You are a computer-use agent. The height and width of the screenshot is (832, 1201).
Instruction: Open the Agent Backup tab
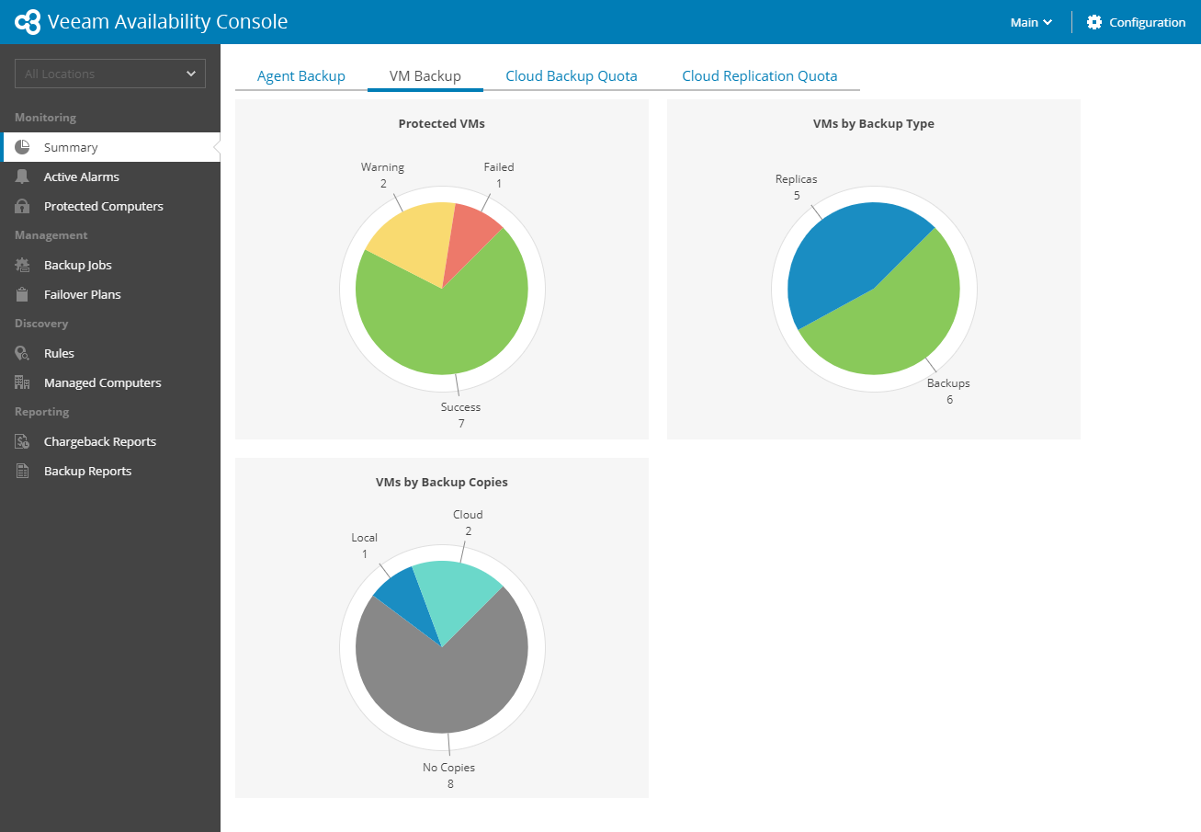point(300,76)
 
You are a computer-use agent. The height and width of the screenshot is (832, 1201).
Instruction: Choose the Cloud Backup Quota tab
point(571,76)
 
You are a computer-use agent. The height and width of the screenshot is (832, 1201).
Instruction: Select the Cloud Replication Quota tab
point(759,76)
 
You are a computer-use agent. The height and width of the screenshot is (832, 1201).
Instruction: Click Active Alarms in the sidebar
point(81,177)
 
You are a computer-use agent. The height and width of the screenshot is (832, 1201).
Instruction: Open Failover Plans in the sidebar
point(82,294)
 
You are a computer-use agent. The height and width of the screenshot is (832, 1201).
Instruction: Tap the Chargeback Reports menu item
point(99,441)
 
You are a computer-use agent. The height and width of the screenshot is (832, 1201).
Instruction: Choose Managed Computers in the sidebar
point(102,382)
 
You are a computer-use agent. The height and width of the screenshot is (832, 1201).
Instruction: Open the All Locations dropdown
point(110,74)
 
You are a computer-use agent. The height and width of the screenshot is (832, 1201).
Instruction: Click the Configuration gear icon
point(1094,22)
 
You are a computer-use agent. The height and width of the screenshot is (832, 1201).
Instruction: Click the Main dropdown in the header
point(1031,22)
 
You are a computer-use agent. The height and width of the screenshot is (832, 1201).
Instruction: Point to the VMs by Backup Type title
point(873,124)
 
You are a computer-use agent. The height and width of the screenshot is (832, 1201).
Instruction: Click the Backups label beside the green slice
point(948,383)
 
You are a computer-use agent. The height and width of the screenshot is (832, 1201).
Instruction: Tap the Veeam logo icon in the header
point(28,22)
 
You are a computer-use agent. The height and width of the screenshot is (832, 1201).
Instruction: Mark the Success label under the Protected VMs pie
point(460,407)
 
